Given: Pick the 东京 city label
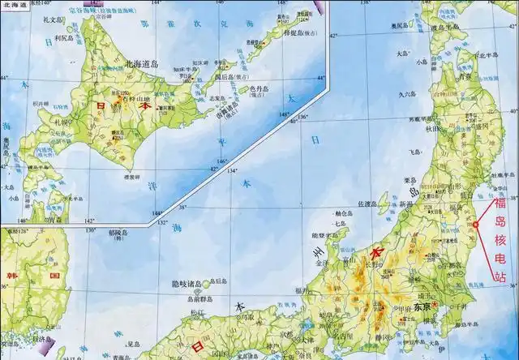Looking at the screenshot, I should point(421,307).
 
